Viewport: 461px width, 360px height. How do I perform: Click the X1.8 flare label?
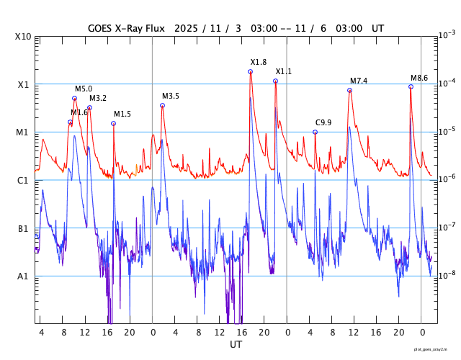point(259,63)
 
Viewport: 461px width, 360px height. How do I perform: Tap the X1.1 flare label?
point(284,72)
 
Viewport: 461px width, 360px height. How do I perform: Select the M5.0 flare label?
point(84,89)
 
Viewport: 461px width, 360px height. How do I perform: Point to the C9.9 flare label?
point(323,123)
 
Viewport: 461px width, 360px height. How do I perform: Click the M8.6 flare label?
point(419,78)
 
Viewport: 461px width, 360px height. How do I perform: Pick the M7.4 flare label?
point(359,81)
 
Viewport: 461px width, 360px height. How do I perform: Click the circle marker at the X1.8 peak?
point(251,71)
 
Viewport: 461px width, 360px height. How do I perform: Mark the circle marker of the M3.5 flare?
point(162,105)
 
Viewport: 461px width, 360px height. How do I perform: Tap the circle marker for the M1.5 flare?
point(114,123)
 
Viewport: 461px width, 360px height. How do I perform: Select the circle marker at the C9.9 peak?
point(315,132)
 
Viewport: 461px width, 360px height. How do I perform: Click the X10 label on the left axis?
point(24,37)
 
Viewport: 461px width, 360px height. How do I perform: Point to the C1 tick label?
point(23,180)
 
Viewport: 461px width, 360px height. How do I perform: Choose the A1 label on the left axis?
point(23,276)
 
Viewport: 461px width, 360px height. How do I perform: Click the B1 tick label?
point(23,229)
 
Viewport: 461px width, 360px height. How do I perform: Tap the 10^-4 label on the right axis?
point(447,83)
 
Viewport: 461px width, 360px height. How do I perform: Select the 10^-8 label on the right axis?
point(447,274)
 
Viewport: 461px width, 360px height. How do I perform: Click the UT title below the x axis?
point(236,345)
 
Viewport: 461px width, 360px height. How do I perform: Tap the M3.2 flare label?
point(98,98)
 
